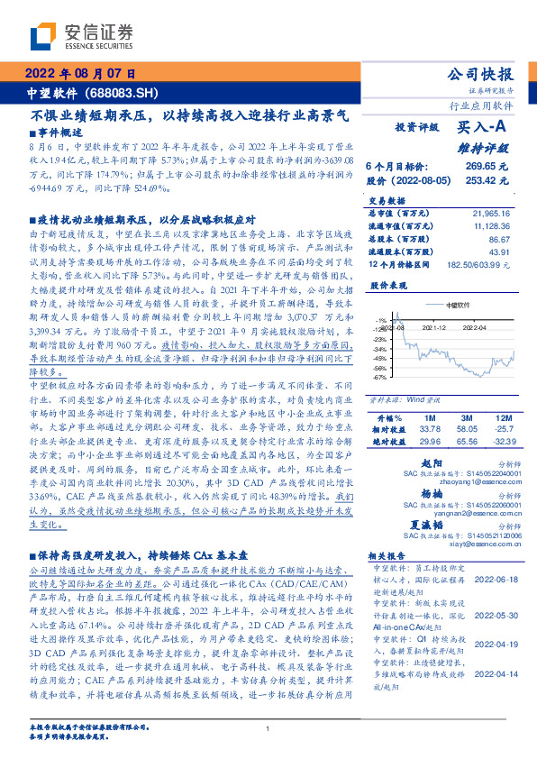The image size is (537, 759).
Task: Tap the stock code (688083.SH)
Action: (x=122, y=92)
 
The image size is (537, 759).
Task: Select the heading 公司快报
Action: (x=480, y=75)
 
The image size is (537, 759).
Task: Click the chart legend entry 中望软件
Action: (x=460, y=305)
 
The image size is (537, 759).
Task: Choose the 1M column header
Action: (x=429, y=394)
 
